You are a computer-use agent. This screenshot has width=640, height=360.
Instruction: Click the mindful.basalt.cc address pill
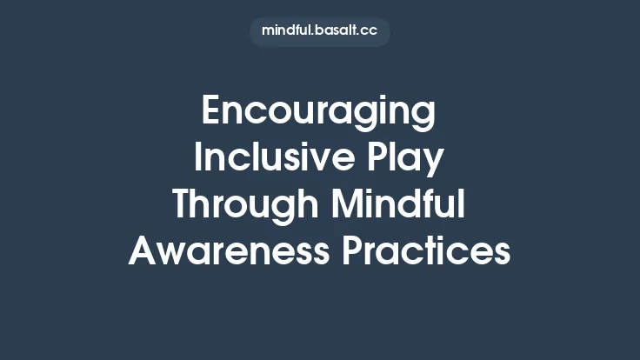319,31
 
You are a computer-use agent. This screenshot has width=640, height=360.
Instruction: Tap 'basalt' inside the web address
336,31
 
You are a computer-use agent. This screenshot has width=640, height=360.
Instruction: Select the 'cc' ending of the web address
369,31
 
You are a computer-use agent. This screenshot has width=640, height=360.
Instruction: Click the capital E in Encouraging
211,113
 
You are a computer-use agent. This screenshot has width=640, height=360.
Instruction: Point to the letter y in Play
435,165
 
